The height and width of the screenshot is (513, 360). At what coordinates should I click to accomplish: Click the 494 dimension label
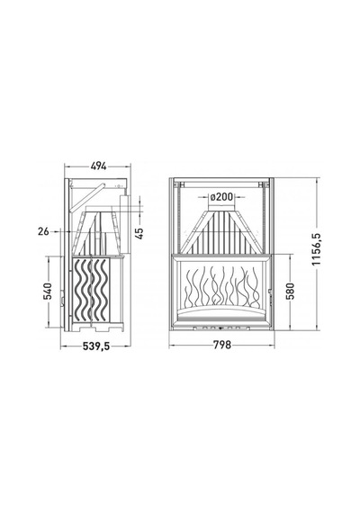(98, 166)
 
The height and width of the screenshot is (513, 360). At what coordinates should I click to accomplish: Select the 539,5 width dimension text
(96, 346)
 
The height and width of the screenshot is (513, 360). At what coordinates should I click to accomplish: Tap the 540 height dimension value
(48, 292)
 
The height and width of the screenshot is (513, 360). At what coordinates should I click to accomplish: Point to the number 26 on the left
(43, 231)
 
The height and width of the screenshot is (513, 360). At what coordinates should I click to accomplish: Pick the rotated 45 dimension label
(139, 233)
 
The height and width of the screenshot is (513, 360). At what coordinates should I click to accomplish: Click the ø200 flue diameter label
(221, 197)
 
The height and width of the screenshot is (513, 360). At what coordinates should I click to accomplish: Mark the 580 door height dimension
(290, 292)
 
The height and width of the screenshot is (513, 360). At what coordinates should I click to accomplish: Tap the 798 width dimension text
(222, 345)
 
